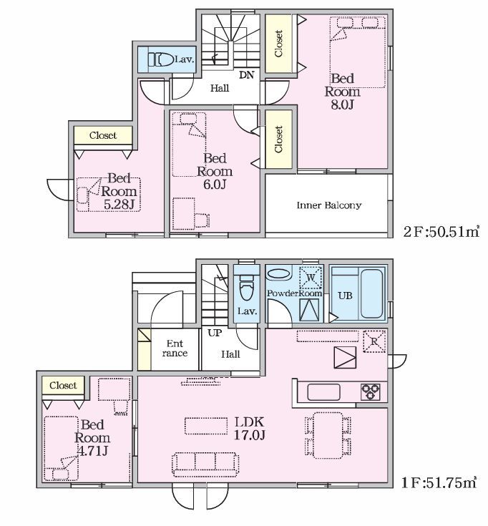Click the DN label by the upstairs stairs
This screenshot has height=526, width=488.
pyautogui.click(x=247, y=75)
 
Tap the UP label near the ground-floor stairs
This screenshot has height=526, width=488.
pyautogui.click(x=215, y=333)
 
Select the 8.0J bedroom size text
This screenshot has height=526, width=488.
pyautogui.click(x=342, y=104)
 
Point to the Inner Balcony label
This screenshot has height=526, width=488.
pyautogui.click(x=329, y=205)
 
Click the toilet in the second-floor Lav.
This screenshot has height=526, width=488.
pyautogui.click(x=161, y=59)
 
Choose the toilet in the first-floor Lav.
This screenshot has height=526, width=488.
pyautogui.click(x=247, y=288)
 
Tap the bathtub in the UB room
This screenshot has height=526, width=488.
pyautogui.click(x=371, y=294)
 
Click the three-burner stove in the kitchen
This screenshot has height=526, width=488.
pyautogui.click(x=370, y=392)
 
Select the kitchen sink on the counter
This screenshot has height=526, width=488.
pyautogui.click(x=323, y=392)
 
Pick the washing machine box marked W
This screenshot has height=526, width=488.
pyautogui.click(x=311, y=278)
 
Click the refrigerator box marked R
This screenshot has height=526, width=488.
pyautogui.click(x=374, y=341)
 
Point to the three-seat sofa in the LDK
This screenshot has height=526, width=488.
pyautogui.click(x=205, y=464)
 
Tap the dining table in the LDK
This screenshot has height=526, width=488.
pyautogui.click(x=328, y=435)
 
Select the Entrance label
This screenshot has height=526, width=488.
pyautogui.click(x=175, y=349)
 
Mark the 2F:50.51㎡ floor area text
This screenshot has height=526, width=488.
pyautogui.click(x=441, y=231)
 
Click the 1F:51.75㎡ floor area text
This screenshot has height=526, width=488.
pyautogui.click(x=439, y=483)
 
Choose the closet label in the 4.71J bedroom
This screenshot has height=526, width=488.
pyautogui.click(x=63, y=385)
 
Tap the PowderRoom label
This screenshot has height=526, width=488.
pyautogui.click(x=295, y=293)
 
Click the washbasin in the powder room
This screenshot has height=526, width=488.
pyautogui.click(x=279, y=273)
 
